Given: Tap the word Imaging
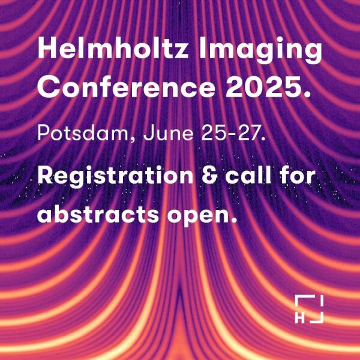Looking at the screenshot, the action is (x=260, y=51).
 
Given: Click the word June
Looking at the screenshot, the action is (x=168, y=133).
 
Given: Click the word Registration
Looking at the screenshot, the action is (x=115, y=176).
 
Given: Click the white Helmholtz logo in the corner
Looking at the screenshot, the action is (x=309, y=309).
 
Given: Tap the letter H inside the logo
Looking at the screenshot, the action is (x=299, y=319).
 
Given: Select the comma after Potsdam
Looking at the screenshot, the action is (x=133, y=140).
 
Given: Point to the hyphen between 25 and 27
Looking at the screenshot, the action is (x=230, y=135).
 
